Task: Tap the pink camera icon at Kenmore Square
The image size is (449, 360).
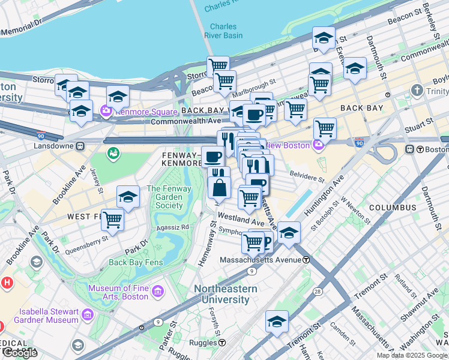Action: point(106,111)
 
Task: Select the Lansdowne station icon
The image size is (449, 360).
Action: point(80,146)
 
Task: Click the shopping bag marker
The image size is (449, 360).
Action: point(220,187)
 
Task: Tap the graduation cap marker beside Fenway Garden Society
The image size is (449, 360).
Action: point(127,197)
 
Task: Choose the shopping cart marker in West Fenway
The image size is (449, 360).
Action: point(112,220)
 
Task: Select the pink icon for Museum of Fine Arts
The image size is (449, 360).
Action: point(158,292)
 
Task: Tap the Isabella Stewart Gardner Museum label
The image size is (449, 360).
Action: point(49,316)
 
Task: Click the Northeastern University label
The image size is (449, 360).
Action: point(225,294)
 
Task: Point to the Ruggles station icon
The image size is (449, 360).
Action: point(222,343)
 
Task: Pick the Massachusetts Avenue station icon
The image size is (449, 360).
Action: point(306,260)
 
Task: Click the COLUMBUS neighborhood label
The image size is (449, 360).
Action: point(392,208)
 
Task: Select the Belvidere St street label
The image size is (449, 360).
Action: point(307,179)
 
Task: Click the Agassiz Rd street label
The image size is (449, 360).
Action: point(172,227)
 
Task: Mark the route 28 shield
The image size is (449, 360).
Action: point(317,291)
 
